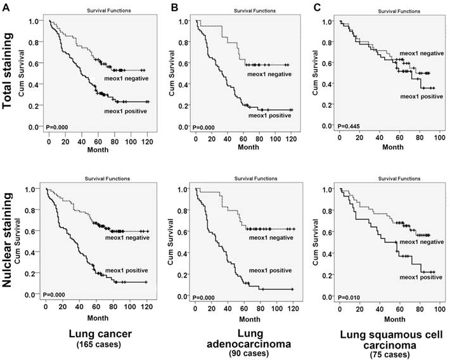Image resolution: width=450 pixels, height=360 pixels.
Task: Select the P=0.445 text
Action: [x=349, y=127]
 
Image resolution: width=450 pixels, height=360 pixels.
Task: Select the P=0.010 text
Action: [x=349, y=297]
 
